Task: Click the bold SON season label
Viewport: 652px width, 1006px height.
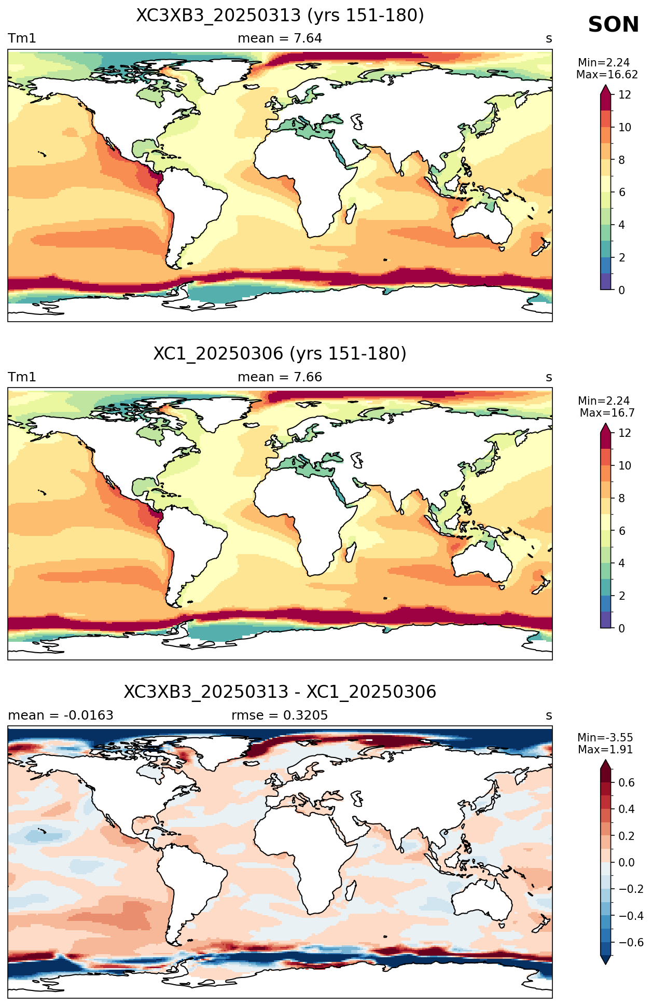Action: pyautogui.click(x=613, y=25)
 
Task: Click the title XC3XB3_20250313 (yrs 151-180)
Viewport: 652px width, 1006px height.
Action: pyautogui.click(x=280, y=16)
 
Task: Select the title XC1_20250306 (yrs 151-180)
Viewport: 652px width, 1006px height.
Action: pyautogui.click(x=280, y=354)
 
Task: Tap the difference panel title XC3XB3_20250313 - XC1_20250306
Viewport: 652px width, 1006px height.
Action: pyautogui.click(x=280, y=692)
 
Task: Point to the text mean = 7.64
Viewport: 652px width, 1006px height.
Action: pyautogui.click(x=280, y=38)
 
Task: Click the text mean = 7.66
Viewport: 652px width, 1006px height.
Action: pyautogui.click(x=280, y=377)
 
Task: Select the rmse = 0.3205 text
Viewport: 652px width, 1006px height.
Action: pyautogui.click(x=280, y=715)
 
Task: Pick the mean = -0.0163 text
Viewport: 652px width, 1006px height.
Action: pyautogui.click(x=61, y=715)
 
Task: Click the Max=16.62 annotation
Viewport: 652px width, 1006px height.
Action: pyautogui.click(x=607, y=75)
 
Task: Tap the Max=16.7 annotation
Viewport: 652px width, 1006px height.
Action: pyautogui.click(x=607, y=413)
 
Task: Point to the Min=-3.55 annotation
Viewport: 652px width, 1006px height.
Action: pyautogui.click(x=605, y=738)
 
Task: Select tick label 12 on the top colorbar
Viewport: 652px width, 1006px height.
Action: pyautogui.click(x=625, y=95)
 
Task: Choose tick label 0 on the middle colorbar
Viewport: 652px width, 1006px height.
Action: pyautogui.click(x=621, y=629)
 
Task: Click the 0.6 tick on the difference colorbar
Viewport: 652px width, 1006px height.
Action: pyautogui.click(x=627, y=783)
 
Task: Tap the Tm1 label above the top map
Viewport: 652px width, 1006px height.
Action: pyautogui.click(x=22, y=38)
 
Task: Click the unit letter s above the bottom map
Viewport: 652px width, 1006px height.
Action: pyautogui.click(x=549, y=716)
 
